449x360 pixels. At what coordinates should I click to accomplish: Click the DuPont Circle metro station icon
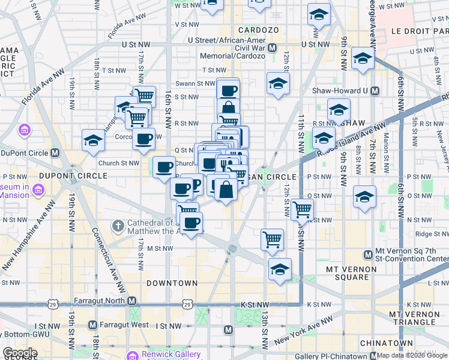pos(55,152)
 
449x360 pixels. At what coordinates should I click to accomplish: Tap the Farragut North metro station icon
pos(132,301)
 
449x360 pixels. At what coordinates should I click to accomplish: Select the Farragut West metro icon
pos(92,325)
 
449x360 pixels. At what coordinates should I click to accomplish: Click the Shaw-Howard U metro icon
pos(375,91)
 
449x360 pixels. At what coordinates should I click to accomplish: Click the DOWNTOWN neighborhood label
pos(172,283)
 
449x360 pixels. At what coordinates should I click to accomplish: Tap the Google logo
pos(20,353)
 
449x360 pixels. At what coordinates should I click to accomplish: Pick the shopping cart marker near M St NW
pos(273,239)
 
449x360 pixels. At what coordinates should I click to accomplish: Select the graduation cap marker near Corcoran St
pos(93,140)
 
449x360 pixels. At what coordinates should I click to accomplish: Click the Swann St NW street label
pos(195,83)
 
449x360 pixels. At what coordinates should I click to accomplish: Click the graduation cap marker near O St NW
pos(364,198)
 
